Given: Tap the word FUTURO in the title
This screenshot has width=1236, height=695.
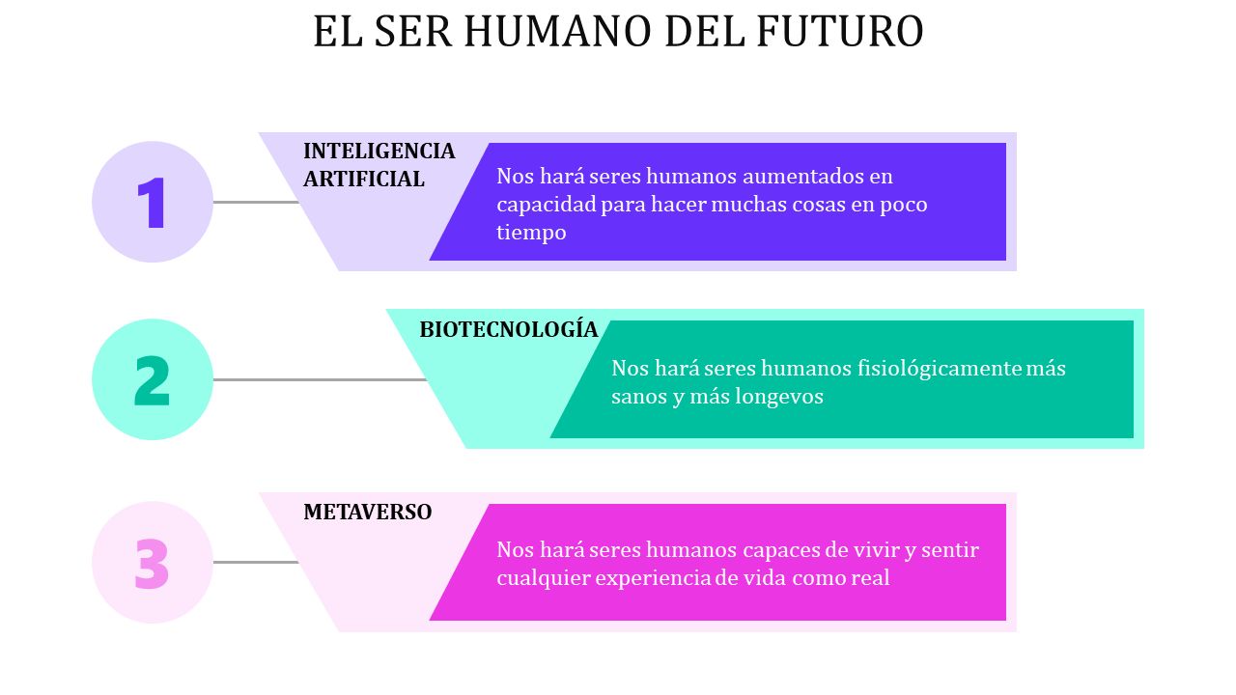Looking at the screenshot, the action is [840, 31].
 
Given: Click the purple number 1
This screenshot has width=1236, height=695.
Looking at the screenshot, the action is [152, 203].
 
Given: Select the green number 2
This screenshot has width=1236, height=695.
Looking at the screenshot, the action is [153, 380].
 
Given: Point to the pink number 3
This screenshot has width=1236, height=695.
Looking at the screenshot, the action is [152, 563].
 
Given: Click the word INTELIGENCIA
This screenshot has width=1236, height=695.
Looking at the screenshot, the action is [379, 152].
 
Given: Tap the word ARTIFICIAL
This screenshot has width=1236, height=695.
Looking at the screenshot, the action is [364, 180].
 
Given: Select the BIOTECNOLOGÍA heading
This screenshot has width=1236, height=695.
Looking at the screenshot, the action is [509, 329].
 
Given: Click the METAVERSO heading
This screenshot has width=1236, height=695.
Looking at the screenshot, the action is [368, 512].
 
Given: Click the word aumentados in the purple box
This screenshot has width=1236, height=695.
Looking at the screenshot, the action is [801, 177].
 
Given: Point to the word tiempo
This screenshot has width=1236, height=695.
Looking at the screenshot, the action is [531, 233].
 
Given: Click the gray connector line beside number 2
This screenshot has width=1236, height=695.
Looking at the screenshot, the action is [321, 380].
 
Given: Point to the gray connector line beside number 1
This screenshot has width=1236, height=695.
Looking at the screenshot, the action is [256, 203].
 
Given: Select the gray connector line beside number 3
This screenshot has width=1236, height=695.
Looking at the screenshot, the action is [256, 563].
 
